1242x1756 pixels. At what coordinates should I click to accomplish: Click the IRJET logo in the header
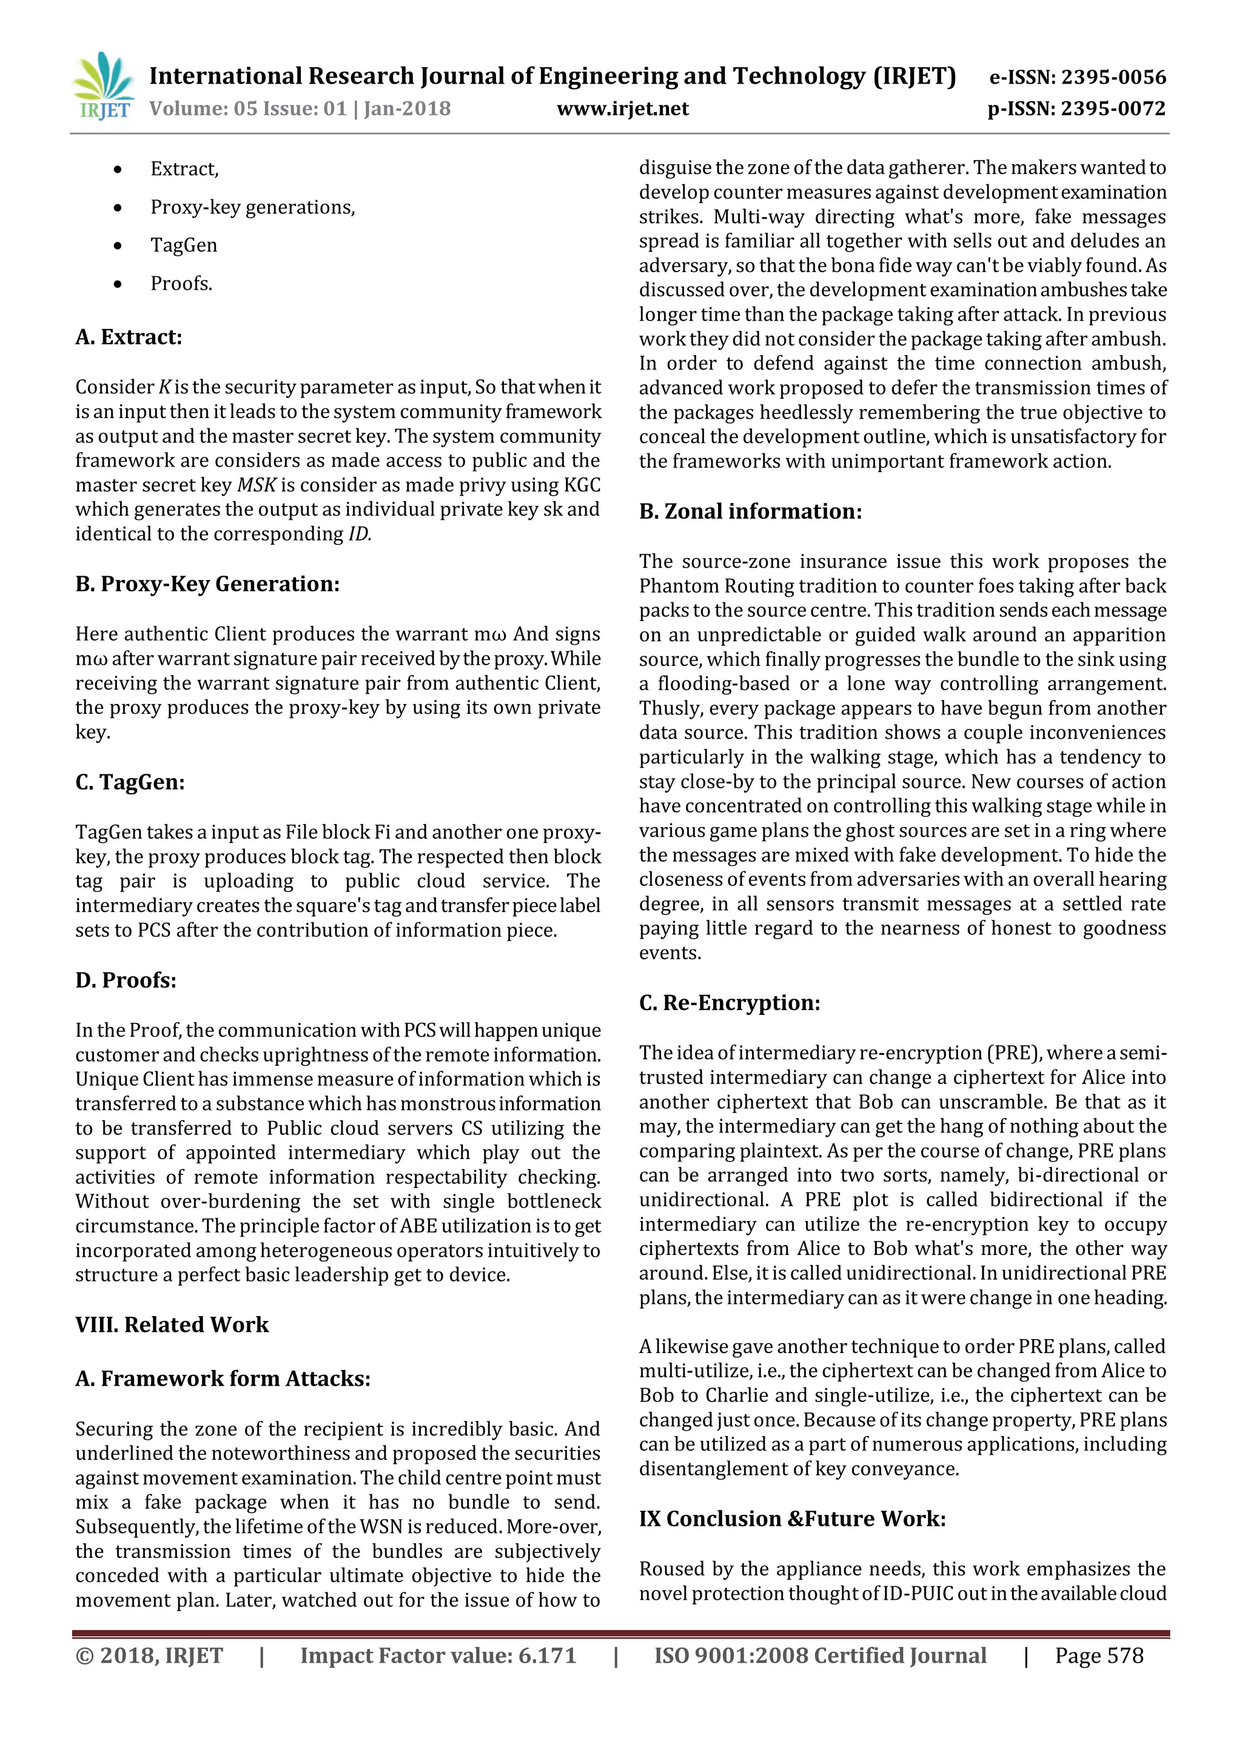pos(103,85)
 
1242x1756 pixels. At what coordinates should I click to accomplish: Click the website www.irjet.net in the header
pos(622,108)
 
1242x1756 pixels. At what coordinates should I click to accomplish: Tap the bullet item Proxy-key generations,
pos(252,207)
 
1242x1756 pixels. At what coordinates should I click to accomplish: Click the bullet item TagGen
pos(184,245)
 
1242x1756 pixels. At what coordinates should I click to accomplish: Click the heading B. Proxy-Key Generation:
pos(207,584)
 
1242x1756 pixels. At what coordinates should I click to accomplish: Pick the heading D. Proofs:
pos(126,980)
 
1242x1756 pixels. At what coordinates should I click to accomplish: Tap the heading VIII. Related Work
pos(172,1324)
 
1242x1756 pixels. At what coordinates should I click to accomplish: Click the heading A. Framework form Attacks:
pos(222,1377)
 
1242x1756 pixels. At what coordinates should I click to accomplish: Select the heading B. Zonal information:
pos(750,511)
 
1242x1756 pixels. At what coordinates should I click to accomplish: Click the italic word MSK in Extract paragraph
pos(255,485)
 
